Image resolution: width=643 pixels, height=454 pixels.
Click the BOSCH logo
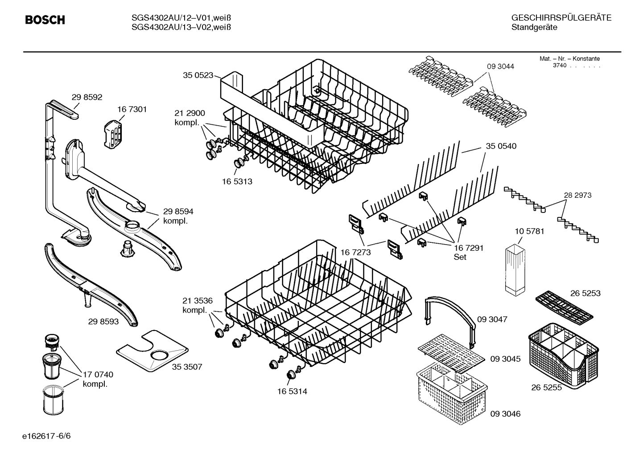(x=45, y=20)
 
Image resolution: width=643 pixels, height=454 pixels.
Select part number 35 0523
(x=198, y=75)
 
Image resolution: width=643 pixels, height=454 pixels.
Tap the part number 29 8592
(x=87, y=97)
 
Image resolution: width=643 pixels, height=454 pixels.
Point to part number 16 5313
(x=237, y=181)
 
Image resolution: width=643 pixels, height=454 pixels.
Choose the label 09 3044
(x=500, y=66)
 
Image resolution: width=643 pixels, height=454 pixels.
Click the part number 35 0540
(x=501, y=146)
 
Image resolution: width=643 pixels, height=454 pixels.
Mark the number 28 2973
(x=577, y=195)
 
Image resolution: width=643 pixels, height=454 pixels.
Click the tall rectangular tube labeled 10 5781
(x=515, y=270)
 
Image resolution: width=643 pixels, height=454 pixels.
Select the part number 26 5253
(x=585, y=293)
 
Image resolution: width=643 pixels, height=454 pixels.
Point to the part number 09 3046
(x=505, y=414)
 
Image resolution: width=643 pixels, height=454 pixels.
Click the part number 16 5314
(x=292, y=392)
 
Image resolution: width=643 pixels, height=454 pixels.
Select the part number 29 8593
(x=103, y=321)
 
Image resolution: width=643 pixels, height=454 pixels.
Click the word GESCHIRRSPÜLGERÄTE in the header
(x=561, y=18)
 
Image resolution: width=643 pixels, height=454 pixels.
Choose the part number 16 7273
(x=355, y=253)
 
